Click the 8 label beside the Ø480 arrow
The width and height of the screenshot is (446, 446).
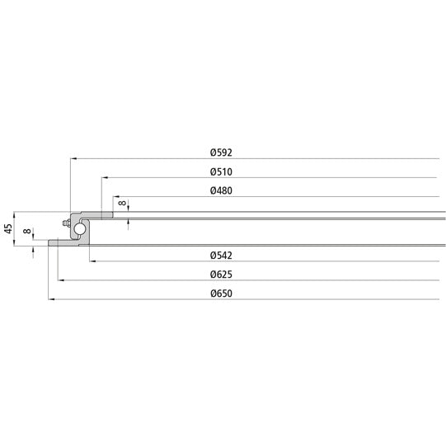122,202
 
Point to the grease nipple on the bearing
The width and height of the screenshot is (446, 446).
65,223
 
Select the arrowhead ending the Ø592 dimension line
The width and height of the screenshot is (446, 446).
73,157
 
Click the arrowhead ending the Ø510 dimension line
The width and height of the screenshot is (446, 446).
104,177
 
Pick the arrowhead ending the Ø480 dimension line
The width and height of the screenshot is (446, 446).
115,197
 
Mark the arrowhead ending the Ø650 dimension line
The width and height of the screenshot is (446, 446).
51,299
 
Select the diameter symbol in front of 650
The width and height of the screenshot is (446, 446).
214,293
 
